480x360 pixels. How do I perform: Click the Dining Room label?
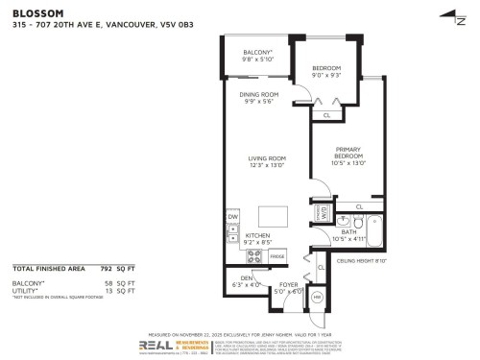click(258, 94)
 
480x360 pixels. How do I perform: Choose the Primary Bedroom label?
click(348, 154)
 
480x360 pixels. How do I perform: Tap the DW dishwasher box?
click(232, 217)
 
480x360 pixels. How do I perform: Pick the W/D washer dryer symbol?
click(324, 212)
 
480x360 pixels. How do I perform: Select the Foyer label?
click(288, 283)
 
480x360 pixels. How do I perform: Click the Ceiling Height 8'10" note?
click(361, 260)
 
